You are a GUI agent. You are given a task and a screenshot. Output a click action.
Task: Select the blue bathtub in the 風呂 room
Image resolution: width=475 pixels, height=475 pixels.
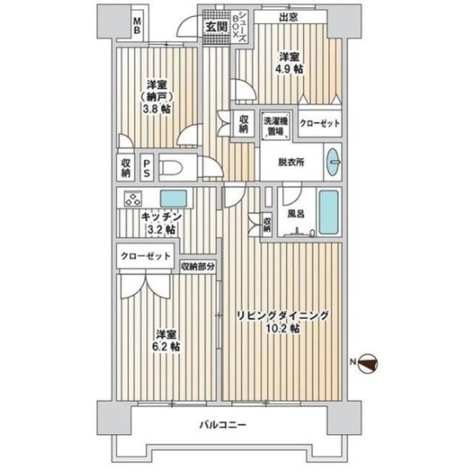[329, 212]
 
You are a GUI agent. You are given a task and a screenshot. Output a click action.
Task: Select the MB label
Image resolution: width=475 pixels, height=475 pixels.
[137, 25]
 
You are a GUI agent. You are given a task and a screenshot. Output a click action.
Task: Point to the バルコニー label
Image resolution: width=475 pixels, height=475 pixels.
[223, 424]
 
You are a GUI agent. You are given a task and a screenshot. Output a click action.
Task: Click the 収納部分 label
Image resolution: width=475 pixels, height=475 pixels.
[198, 267]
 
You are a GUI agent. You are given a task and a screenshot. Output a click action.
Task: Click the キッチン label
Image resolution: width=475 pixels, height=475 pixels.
[162, 217]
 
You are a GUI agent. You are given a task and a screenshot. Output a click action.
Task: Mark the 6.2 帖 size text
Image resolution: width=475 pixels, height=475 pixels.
[166, 346]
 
